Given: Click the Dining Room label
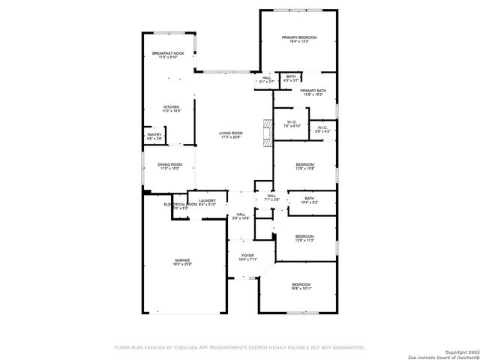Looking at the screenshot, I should (169, 166).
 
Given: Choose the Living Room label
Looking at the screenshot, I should (231, 135).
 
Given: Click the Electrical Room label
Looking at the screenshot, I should (180, 204).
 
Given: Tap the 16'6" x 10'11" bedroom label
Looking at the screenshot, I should (301, 286).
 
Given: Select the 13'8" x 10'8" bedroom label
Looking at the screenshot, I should (304, 166).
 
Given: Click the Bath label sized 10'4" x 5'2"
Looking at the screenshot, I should (309, 200).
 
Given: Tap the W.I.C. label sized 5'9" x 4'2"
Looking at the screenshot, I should (322, 129).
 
